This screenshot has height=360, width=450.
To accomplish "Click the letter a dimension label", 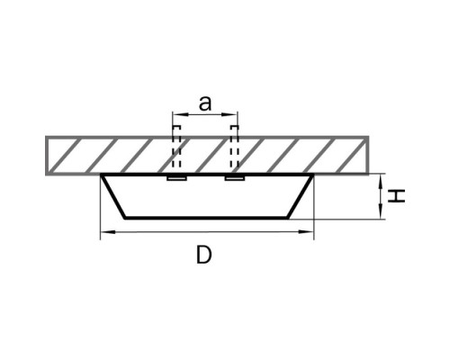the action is tap(205, 103).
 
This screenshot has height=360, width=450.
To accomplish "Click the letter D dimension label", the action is tap(204, 255).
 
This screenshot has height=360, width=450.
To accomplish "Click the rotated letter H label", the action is tap(397, 196).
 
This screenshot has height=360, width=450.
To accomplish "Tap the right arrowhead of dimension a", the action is tap(229, 114).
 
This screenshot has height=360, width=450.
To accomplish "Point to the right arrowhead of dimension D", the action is tap(305, 231).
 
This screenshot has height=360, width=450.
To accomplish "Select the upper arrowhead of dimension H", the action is tap(381, 182).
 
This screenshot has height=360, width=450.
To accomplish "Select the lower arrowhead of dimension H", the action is tap(381, 211).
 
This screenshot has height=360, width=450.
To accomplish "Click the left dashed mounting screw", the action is tap(176, 147).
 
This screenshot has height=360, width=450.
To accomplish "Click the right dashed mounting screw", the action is tap(234, 147).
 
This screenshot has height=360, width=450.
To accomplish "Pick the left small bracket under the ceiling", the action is tap(177, 179).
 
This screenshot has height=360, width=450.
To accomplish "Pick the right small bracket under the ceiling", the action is tap(235, 179).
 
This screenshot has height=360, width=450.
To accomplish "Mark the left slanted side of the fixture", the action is tap(113, 196).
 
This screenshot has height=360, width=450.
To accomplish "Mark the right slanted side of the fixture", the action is tap(300, 196).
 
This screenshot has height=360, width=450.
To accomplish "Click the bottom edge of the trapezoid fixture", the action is tap(206, 218).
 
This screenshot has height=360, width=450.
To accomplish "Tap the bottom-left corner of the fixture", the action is tap(125, 218).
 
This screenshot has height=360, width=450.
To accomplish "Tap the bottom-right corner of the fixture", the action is tap(288, 218).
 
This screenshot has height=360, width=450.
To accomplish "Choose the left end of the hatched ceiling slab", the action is tap(46, 156).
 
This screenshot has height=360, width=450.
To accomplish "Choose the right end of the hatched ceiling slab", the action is tap(368, 156).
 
